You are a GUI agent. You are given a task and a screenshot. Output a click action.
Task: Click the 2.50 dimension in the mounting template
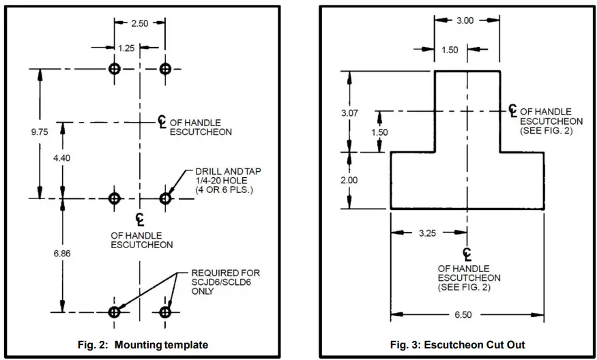click(x=140, y=23)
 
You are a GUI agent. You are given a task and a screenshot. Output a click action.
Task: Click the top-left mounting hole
click(x=115, y=70)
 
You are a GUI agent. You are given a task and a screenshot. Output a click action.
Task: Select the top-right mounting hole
click(x=165, y=70)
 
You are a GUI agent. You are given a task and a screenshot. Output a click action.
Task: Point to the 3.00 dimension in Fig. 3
click(x=465, y=20)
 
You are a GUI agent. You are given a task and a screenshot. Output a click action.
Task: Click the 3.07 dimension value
click(x=349, y=112)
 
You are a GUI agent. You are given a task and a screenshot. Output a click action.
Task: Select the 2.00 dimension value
click(x=349, y=180)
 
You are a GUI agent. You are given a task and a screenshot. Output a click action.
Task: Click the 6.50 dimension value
click(x=467, y=315)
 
